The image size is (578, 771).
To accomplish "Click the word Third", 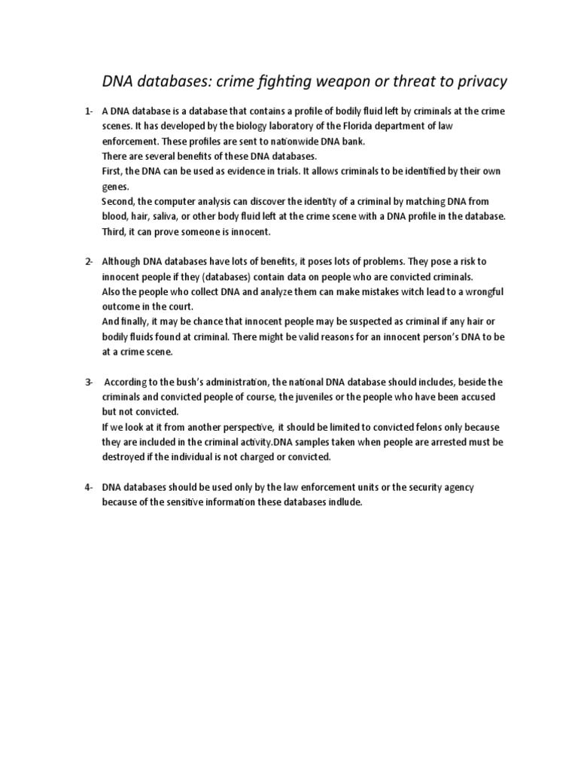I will click(114, 231).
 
